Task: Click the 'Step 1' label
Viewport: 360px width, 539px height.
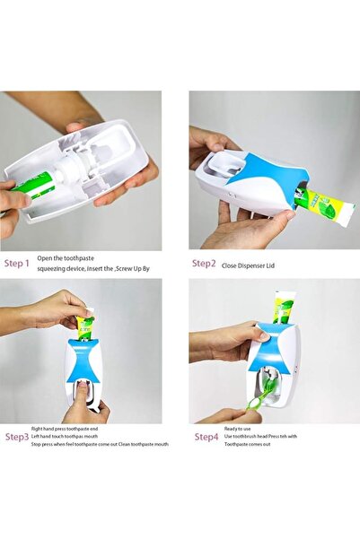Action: (x=17, y=264)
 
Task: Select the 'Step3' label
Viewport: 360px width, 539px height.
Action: (x=17, y=437)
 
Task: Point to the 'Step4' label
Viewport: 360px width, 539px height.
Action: (x=206, y=437)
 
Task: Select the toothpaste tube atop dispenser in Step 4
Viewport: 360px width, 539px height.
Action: (x=284, y=309)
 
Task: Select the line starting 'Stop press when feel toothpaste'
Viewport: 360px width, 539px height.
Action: (x=98, y=444)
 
